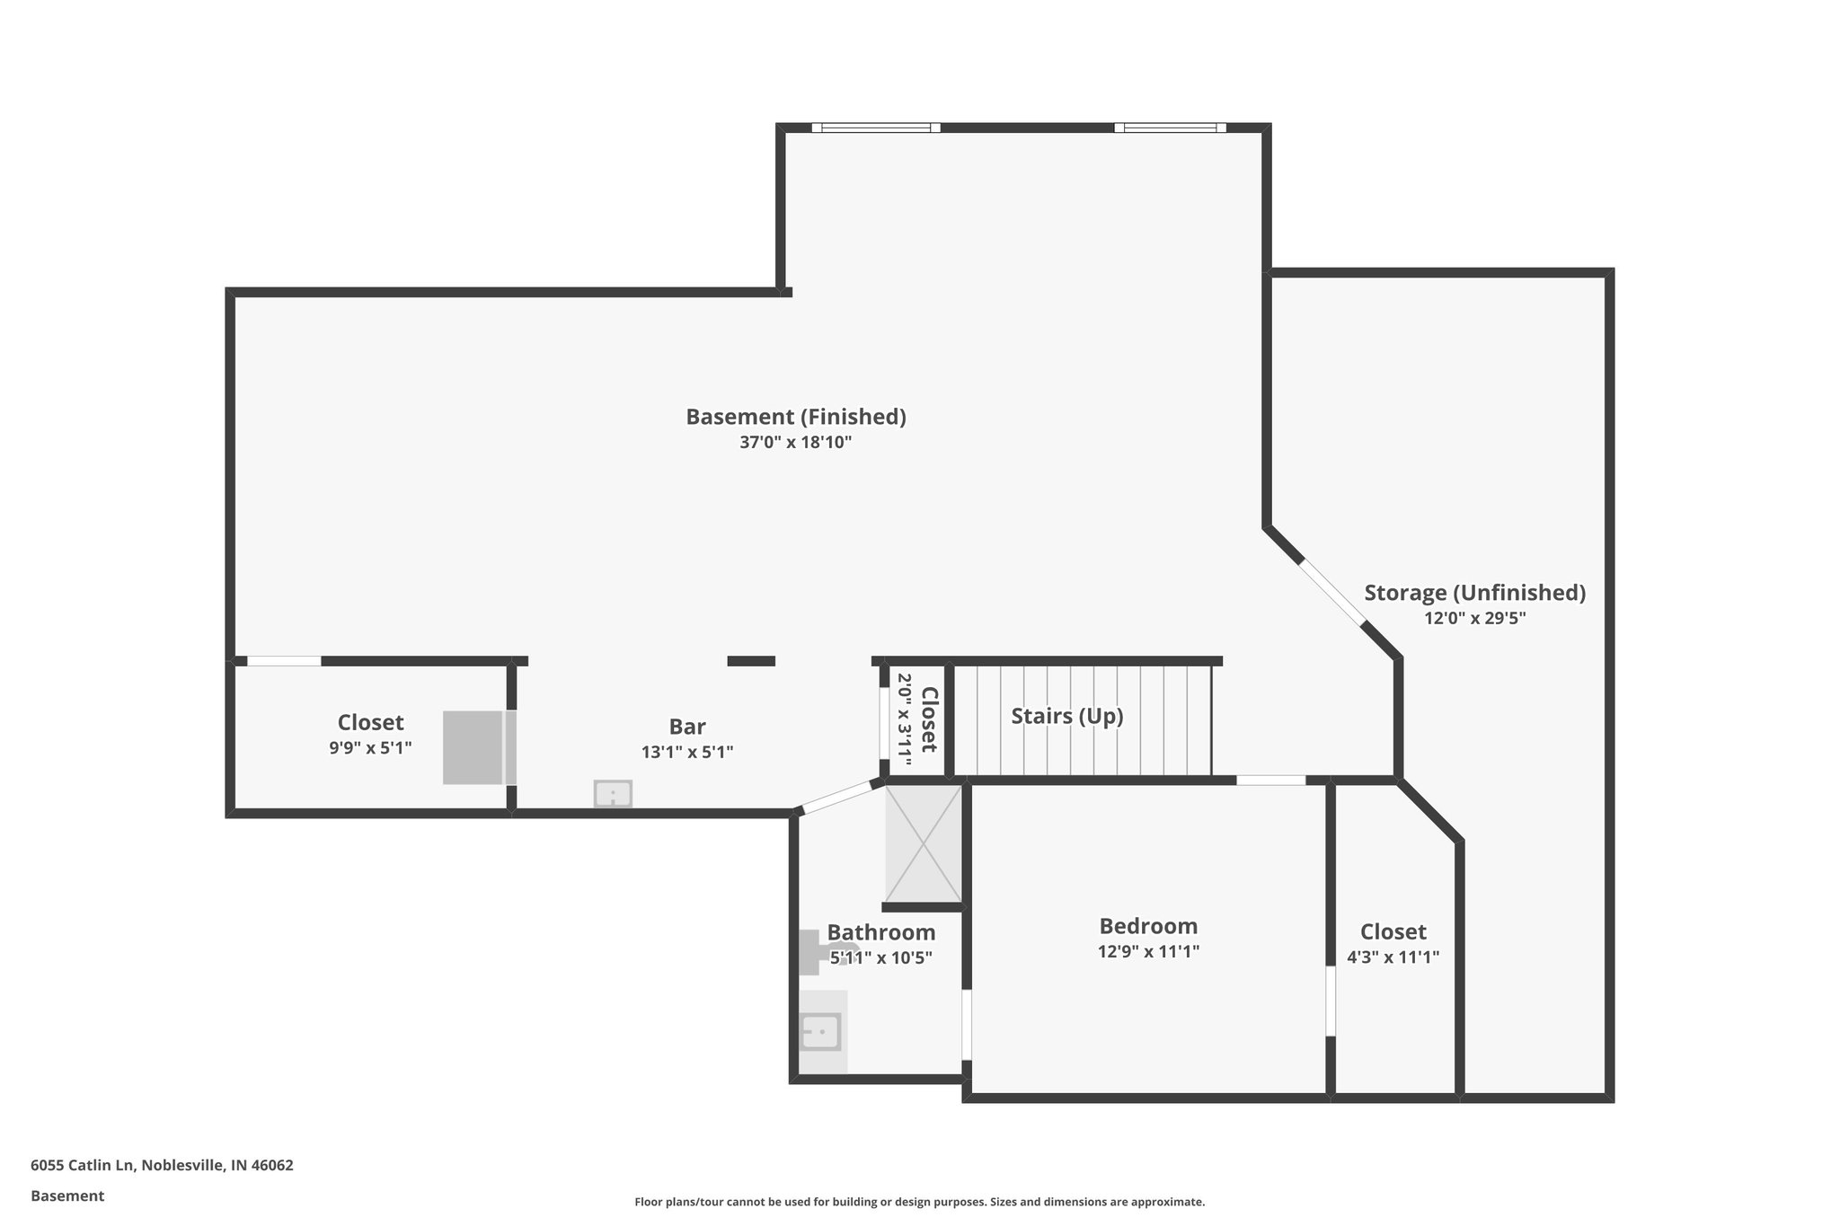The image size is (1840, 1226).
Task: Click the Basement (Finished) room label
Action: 796,417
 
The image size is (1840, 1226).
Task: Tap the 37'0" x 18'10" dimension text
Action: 796,443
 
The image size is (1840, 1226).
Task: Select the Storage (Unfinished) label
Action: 1474,593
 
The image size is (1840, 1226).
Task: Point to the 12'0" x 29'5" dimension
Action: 1474,618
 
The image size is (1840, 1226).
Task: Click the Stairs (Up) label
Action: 1067,716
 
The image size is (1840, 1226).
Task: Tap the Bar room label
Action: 687,727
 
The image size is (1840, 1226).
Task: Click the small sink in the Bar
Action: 613,794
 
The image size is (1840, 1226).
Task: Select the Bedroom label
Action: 1148,926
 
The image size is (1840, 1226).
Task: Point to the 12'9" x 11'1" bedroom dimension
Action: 1148,951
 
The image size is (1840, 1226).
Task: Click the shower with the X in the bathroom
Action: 923,844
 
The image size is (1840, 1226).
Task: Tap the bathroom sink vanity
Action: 821,1032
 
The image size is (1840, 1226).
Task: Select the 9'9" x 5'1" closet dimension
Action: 370,747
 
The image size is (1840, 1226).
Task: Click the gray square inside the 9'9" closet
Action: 473,747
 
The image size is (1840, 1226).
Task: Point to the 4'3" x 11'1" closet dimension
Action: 1393,957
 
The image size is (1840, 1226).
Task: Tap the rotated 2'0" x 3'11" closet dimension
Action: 905,719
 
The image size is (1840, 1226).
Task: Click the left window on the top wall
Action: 876,128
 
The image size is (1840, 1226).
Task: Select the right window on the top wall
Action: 1170,128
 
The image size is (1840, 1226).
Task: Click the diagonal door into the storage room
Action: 1332,591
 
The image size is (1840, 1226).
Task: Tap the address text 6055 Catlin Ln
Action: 162,1165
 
